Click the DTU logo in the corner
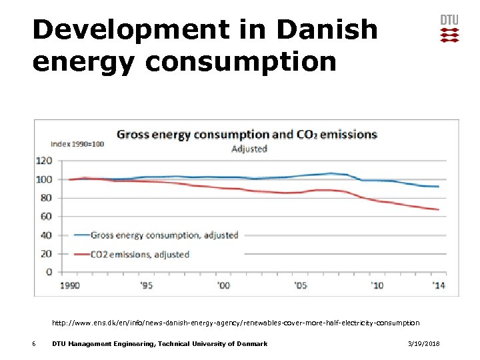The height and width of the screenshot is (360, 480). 449,29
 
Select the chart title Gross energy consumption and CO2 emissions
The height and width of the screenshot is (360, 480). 247,134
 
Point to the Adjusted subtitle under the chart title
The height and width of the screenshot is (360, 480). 249,149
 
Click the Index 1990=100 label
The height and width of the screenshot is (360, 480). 77,144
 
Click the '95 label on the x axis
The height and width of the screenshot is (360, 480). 146,285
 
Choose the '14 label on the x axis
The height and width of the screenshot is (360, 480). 438,285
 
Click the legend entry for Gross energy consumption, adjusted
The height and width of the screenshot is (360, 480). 156,235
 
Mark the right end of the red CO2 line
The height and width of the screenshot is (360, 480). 438,209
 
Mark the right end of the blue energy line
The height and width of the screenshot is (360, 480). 438,187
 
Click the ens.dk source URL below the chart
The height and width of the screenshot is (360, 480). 236,323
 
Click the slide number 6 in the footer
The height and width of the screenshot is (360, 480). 33,344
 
